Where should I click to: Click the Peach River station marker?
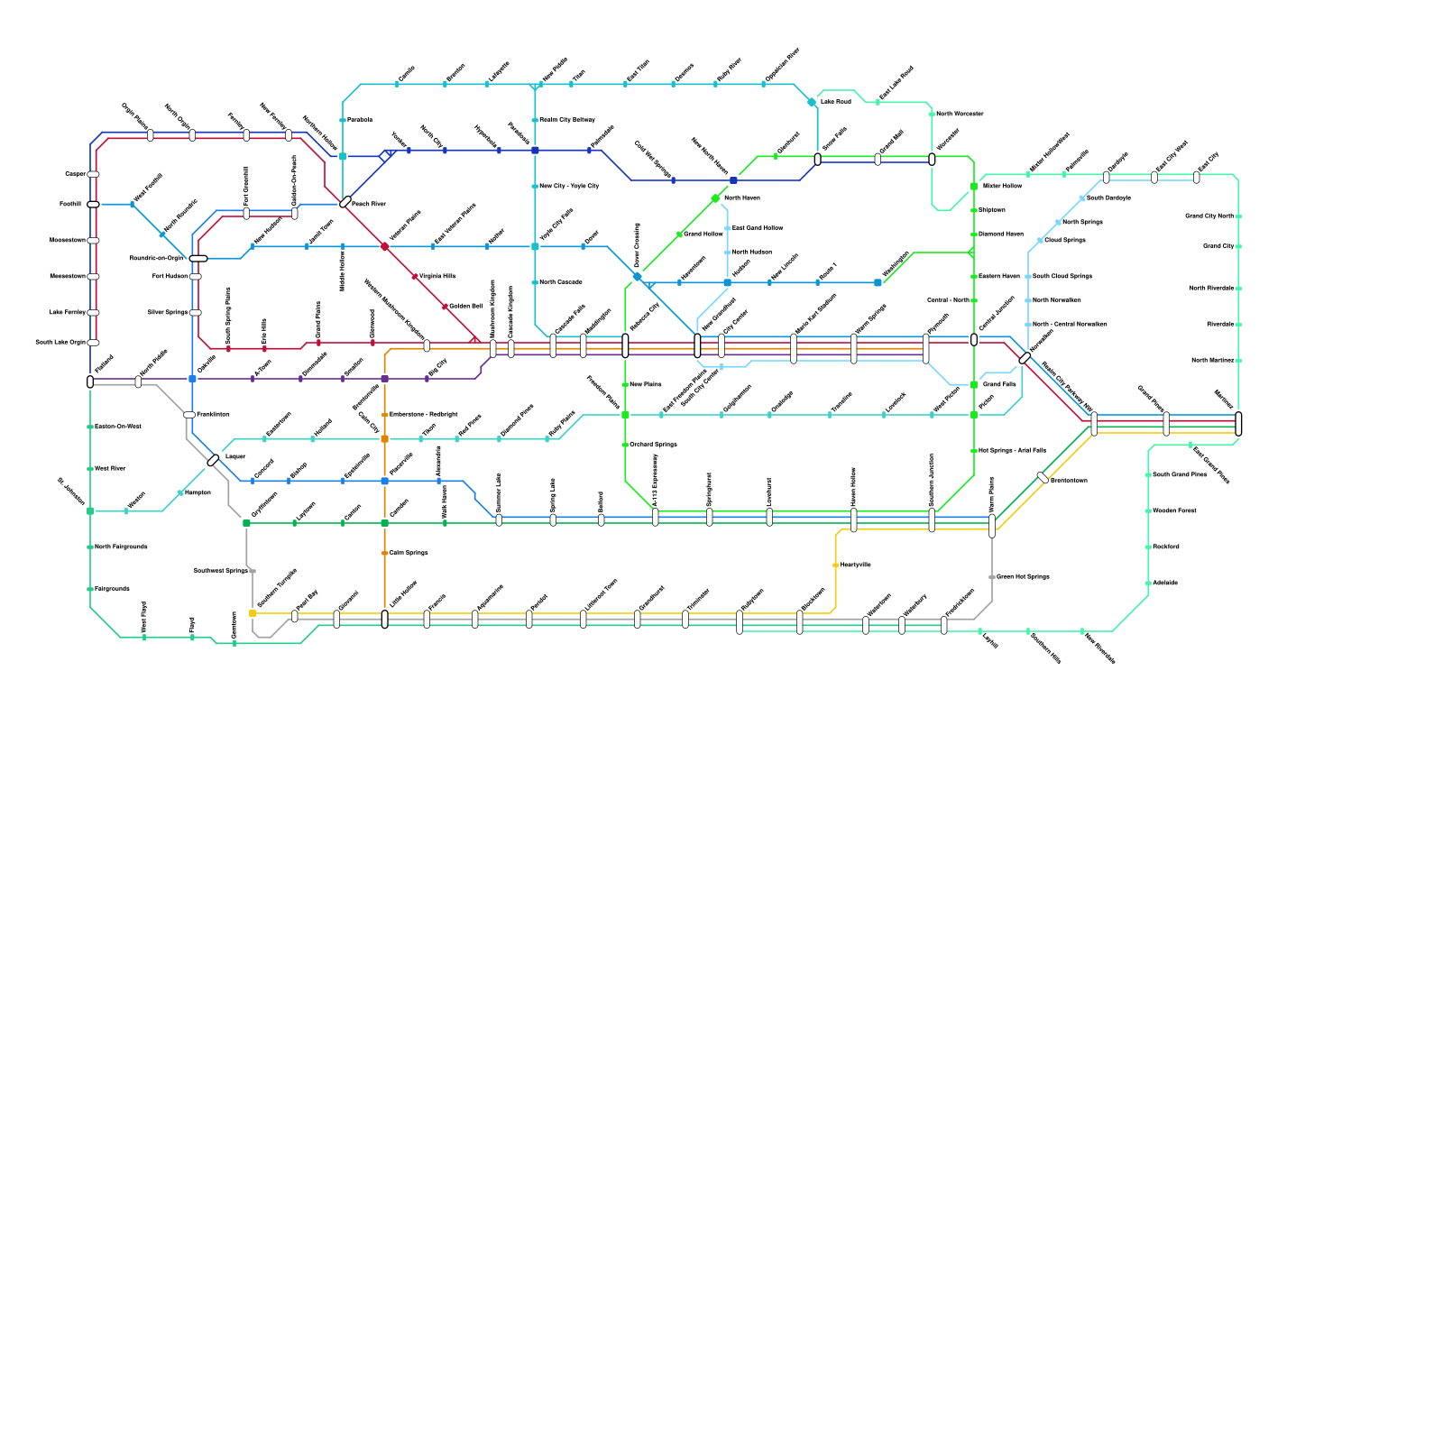(x=345, y=202)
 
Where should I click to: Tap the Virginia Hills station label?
(x=437, y=276)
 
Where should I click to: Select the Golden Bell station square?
(x=445, y=307)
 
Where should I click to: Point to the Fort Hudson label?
(x=170, y=276)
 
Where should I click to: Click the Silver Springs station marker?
(x=195, y=313)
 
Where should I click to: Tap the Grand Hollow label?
(x=703, y=234)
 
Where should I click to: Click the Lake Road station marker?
(x=812, y=102)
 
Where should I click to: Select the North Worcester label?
(x=960, y=114)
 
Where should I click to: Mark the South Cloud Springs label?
(x=1062, y=276)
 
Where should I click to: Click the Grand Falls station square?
(x=974, y=385)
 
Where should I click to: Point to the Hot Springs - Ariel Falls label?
(x=1012, y=450)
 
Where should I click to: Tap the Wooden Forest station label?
(x=1174, y=510)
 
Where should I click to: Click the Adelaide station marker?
(x=1148, y=584)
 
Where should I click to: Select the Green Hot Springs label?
(x=1023, y=576)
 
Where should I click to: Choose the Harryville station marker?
(x=836, y=565)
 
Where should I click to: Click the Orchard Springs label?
(x=653, y=445)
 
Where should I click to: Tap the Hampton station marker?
(x=180, y=492)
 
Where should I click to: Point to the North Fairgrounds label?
(x=121, y=547)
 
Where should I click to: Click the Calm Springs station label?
(x=409, y=553)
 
